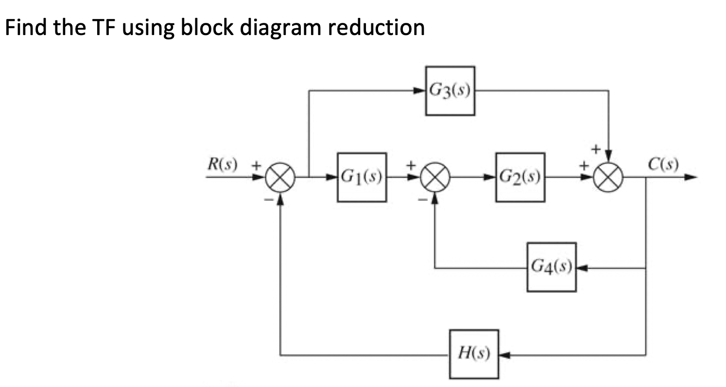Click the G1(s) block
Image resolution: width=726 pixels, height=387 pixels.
point(362,177)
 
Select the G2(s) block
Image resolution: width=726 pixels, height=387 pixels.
point(520,177)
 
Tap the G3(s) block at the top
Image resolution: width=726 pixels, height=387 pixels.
point(450,91)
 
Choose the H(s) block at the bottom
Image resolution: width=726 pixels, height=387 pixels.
point(474,354)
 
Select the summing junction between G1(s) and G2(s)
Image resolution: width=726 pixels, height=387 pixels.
point(434,178)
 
